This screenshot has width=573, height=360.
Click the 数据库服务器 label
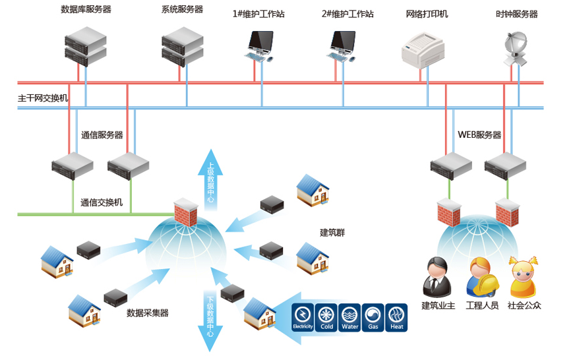tap(86, 10)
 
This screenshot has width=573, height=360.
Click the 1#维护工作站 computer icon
tap(260, 45)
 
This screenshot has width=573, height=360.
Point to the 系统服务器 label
tap(182, 10)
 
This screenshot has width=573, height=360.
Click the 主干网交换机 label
tap(42, 98)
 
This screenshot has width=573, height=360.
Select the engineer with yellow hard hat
tap(479, 277)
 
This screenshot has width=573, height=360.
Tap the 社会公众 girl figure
tap(524, 277)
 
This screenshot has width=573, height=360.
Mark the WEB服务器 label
tap(479, 135)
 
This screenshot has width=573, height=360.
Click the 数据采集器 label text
tap(148, 313)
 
